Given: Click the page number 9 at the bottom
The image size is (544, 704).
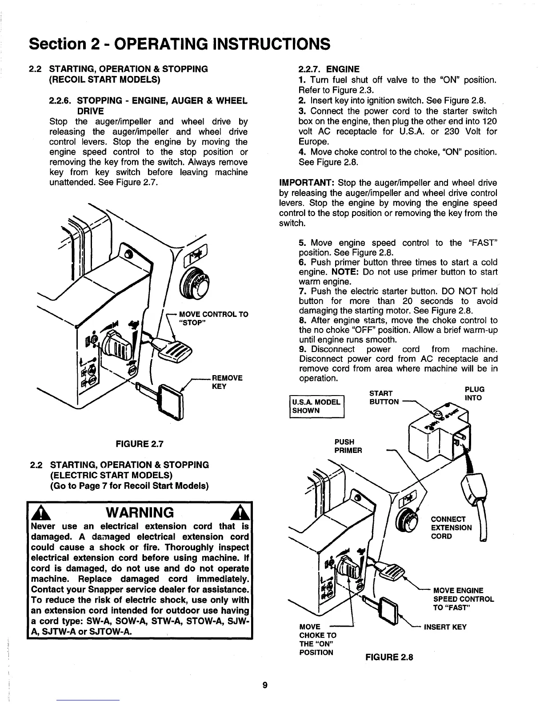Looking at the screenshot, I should point(264,685).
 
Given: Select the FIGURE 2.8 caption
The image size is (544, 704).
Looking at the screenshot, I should point(389,656).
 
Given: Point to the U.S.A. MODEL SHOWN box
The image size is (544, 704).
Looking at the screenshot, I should point(316,406).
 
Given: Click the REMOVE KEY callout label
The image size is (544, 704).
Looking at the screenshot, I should point(227,382).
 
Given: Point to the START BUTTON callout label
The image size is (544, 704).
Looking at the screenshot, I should point(381,397).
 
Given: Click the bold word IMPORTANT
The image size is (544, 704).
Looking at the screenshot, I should point(306,183).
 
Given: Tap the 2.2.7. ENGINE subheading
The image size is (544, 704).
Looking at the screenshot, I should point(329,69).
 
